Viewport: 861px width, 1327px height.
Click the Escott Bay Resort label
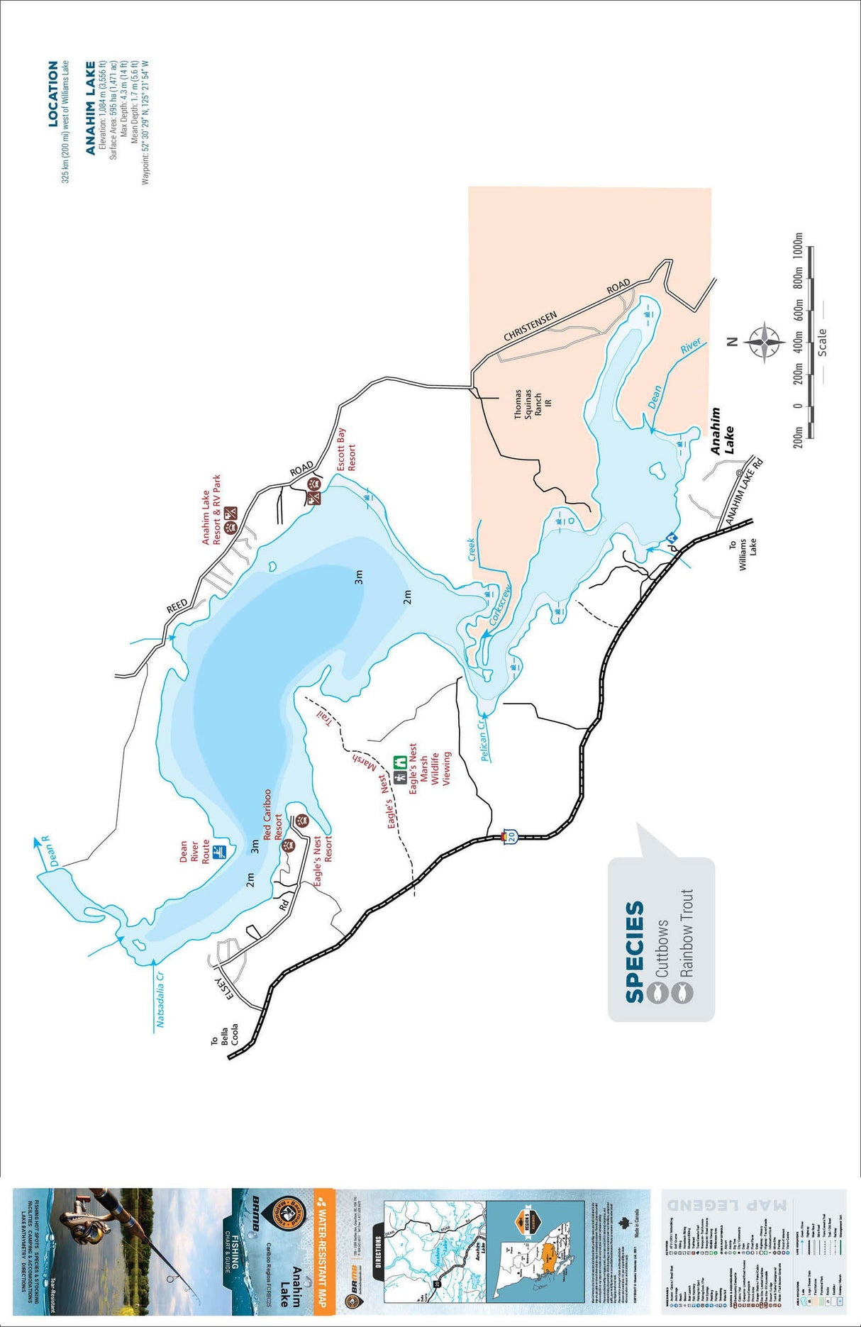click(346, 450)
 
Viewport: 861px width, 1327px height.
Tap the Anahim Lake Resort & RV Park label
click(211, 509)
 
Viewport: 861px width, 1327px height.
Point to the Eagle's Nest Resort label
click(323, 860)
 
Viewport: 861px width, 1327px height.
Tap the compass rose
click(765, 342)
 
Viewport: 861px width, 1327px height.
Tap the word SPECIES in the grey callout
click(635, 951)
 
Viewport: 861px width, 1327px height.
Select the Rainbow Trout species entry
click(685, 933)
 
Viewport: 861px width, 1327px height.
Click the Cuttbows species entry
click(661, 949)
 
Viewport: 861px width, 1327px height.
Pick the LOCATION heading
click(53, 94)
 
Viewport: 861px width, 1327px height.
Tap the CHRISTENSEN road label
click(531, 326)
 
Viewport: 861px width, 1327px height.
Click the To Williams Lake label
click(743, 555)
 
